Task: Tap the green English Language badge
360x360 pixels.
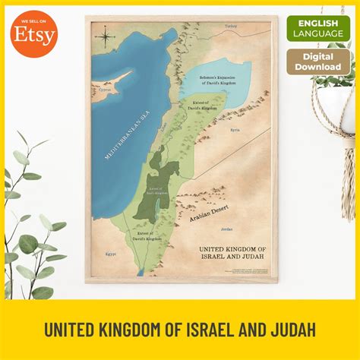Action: click(x=318, y=29)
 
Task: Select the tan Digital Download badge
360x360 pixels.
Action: click(x=318, y=62)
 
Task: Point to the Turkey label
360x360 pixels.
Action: click(x=231, y=26)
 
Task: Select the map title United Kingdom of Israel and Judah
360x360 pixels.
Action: click(x=232, y=253)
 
